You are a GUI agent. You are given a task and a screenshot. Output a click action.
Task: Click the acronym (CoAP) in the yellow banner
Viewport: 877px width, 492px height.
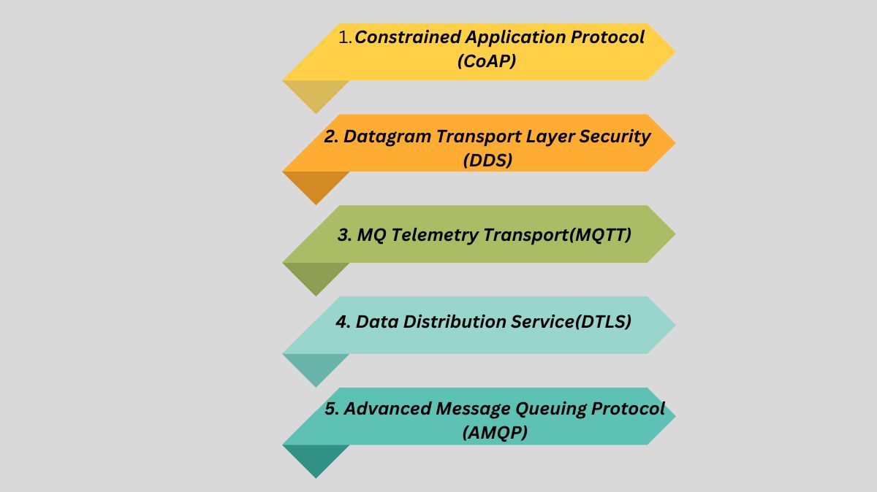487,61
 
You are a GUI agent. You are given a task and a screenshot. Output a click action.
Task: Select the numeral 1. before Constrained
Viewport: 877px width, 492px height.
346,37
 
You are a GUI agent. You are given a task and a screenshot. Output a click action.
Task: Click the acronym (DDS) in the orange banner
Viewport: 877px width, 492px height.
487,161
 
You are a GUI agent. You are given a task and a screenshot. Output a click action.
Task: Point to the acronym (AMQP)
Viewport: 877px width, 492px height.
495,433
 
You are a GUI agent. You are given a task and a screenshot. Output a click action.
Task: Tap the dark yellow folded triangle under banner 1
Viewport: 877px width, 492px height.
316,95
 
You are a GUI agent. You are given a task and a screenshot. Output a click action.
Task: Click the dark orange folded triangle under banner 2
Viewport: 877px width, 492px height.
316,186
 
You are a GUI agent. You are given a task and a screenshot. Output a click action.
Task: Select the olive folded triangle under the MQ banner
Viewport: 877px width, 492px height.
316,277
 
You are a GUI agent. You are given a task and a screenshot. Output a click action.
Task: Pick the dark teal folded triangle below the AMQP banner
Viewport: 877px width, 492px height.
316,459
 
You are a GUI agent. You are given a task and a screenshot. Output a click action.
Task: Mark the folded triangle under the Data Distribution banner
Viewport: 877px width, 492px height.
316,369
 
